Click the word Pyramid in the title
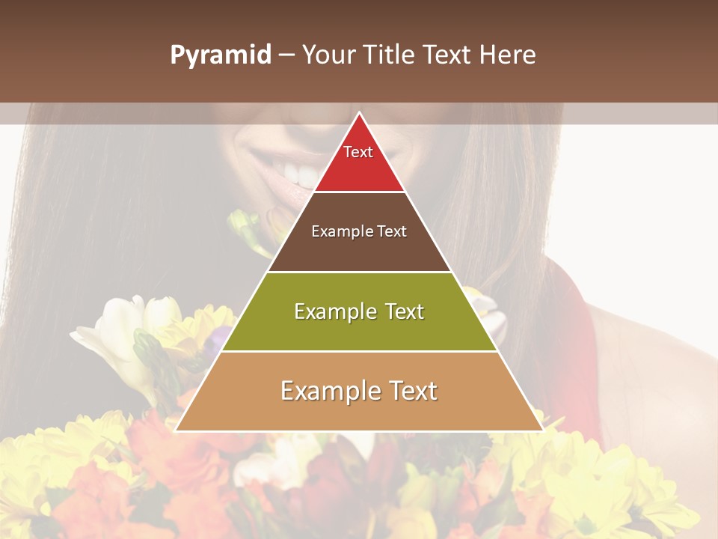point(221,55)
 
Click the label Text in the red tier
point(358,152)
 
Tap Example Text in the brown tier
point(359,231)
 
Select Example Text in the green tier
point(359,311)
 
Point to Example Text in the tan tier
point(359,391)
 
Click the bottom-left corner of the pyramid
point(177,430)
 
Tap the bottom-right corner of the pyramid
point(543,430)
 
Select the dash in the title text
point(286,55)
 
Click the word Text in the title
point(447,55)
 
